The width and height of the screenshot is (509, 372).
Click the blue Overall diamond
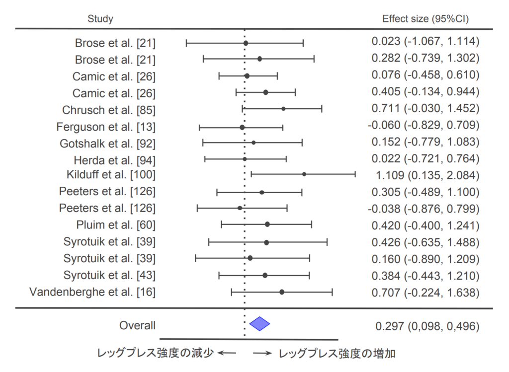259,324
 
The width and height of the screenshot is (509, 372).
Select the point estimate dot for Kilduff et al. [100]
304,174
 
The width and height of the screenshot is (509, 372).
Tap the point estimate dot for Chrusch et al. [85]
283,108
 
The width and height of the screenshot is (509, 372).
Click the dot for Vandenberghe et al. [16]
282,292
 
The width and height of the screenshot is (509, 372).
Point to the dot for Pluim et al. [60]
267,224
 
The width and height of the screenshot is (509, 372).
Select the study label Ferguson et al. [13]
106,127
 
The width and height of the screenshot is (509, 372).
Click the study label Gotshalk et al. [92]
107,144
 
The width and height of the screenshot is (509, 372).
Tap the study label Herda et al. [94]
114,160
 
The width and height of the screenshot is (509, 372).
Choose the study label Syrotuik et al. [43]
109,275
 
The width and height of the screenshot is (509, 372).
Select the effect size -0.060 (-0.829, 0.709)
424,125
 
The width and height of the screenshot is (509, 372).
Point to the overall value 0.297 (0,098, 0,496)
427,326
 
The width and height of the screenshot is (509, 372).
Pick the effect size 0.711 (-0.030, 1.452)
425,108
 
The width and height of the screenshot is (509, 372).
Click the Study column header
100,19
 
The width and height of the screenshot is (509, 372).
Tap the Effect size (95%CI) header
425,19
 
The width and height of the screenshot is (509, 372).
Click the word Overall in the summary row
137,326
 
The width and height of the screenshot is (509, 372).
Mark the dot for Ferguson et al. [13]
242,127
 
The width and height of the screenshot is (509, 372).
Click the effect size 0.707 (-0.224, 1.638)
425,293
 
